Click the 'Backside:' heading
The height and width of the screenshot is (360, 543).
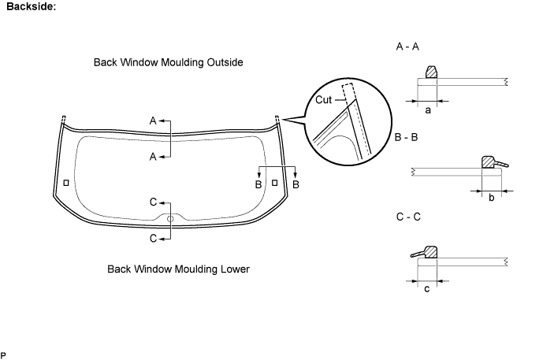32,6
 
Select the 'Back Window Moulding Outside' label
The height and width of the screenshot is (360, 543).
169,62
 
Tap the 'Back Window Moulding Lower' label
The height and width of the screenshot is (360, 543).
178,269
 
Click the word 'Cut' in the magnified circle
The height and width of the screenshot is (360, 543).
323,100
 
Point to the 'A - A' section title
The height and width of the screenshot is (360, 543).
407,46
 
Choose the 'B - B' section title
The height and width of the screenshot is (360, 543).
406,137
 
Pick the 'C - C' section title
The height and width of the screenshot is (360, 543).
408,217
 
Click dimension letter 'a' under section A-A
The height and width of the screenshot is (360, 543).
428,110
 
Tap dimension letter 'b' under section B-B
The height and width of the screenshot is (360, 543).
492,198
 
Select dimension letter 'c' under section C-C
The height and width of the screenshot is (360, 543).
427,288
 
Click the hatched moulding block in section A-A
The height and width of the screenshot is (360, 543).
431,72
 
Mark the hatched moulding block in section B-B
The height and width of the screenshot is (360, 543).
488,162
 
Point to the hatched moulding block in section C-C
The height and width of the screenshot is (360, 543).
430,252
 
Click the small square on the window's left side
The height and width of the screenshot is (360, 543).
66,183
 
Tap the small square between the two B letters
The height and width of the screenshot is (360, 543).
274,183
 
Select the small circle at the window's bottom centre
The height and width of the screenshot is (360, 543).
170,219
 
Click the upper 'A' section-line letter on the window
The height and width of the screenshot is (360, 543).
153,121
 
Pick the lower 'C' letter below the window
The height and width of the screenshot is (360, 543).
153,239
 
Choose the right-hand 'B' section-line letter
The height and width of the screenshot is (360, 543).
296,184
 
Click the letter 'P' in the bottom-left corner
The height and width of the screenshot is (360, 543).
3,355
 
